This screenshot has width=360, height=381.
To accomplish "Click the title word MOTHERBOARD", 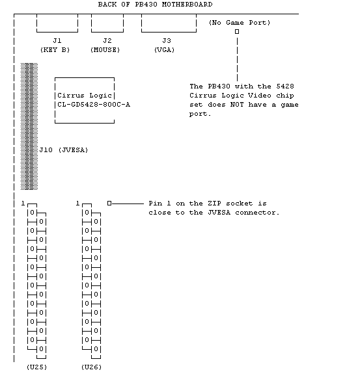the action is (187, 5).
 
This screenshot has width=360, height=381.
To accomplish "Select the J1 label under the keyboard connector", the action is (57, 40).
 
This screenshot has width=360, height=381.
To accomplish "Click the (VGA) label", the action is (165, 50).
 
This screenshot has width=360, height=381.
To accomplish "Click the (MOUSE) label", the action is (105, 50).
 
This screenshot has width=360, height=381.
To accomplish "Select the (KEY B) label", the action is (55, 50).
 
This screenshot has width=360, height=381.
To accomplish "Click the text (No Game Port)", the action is (240, 23).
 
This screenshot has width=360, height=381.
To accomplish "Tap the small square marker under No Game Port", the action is (237, 32).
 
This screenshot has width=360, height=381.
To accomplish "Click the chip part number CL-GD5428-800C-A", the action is (94, 105).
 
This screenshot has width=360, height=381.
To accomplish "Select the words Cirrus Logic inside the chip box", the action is (85, 95).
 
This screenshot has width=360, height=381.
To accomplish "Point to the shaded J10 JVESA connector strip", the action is (29, 126).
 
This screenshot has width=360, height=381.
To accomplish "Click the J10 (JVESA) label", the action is (64, 150).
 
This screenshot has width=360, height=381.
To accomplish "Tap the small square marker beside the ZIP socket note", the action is (109, 203).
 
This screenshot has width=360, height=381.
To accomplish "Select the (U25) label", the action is (36, 367).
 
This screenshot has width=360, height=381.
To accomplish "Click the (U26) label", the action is (91, 367).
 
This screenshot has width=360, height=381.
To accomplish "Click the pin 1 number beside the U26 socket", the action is (77, 203).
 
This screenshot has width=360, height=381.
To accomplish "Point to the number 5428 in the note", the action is (285, 86).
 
